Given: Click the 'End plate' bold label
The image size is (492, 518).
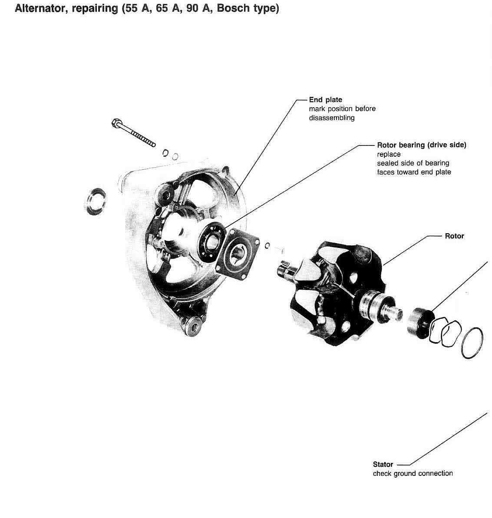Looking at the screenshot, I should [x=325, y=100].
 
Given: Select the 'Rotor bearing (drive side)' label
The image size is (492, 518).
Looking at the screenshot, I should [x=421, y=145].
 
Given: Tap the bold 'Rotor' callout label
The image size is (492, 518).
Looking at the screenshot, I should [x=454, y=236].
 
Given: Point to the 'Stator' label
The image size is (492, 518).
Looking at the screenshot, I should [x=383, y=465].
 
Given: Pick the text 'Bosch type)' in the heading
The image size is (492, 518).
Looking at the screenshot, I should [x=248, y=9].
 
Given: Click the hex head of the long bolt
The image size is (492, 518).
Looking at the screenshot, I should [x=116, y=123].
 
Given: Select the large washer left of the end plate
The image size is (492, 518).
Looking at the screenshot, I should [x=95, y=201].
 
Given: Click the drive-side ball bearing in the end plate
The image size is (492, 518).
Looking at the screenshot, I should [x=211, y=240].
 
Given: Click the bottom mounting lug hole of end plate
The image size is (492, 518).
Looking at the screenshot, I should [x=192, y=326].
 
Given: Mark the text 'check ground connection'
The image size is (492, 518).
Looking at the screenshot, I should [x=413, y=474].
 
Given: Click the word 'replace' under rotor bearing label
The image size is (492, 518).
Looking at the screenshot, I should [x=389, y=154].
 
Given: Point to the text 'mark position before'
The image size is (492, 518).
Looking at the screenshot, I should [x=342, y=109].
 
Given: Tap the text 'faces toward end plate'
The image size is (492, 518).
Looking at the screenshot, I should [x=414, y=172].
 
